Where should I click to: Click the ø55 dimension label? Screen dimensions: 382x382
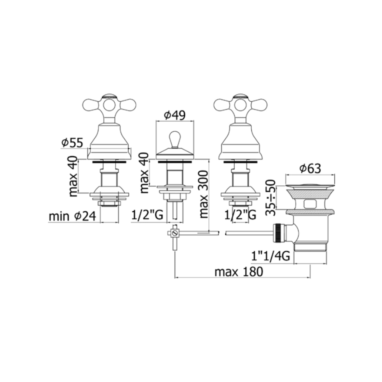coord(72,143)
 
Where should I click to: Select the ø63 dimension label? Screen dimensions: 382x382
coord(310,169)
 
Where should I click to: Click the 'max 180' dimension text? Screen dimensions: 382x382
coord(239,272)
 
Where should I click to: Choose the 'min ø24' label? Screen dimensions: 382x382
coord(72,216)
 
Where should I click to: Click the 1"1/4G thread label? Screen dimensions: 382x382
coord(270,256)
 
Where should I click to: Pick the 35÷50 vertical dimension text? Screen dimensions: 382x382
coord(271,198)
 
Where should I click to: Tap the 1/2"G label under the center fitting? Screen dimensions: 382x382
coord(147,215)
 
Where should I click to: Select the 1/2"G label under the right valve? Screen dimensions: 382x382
coord(240,215)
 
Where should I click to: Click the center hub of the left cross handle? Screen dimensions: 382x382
coord(109,105)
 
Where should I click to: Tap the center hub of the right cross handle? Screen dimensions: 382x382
coord(240,105)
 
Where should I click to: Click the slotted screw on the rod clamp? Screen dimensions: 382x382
coord(174,233)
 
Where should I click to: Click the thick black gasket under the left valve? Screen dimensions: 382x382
coord(109,161)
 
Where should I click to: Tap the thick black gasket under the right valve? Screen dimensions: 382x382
coord(240,161)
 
